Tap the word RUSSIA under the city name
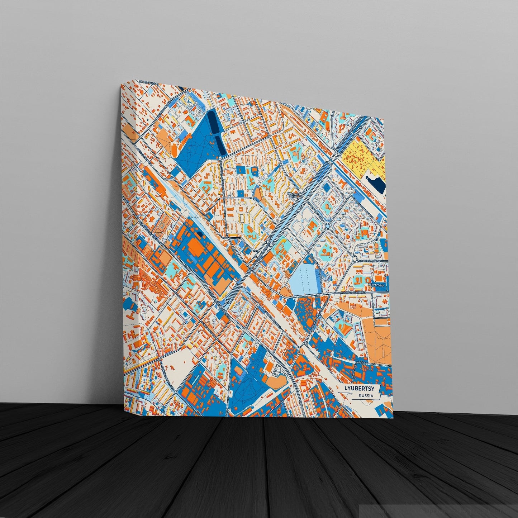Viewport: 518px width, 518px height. pyautogui.click(x=363, y=396)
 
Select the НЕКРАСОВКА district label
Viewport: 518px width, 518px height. pyautogui.click(x=377, y=286)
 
